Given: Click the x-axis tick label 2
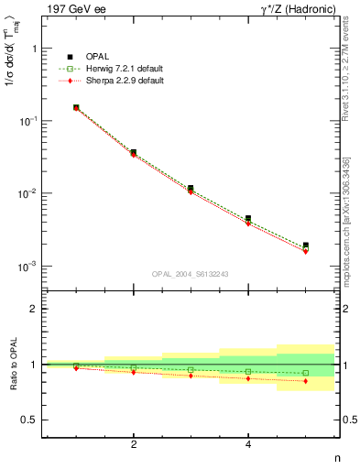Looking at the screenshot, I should pos(135,444).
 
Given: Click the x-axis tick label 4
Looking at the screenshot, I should pos(248,444).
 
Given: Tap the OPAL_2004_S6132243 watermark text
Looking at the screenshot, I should pos(191,274).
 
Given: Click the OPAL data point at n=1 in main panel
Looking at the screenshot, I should pos(76,107).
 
